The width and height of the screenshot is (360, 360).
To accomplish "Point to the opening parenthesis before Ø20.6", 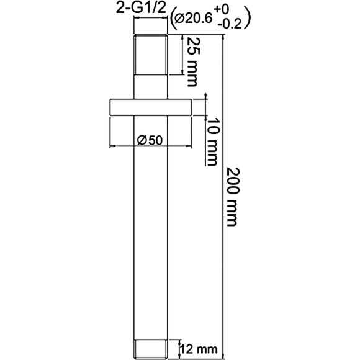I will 172,20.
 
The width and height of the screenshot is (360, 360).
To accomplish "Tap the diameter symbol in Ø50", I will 140,140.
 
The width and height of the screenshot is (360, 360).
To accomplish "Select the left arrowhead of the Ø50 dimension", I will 113,146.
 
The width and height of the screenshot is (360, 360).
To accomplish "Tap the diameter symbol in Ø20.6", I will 180,20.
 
